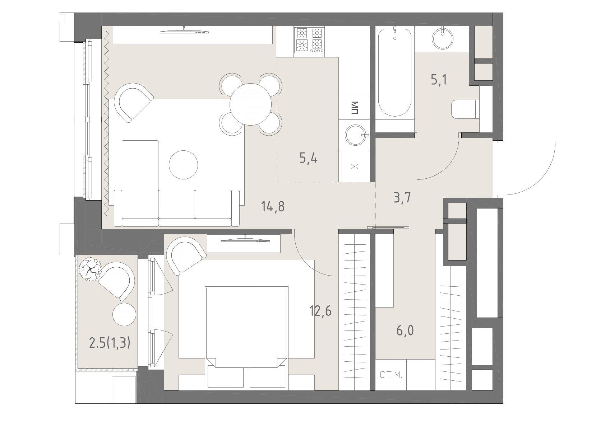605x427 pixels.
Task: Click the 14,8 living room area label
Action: (x=273, y=207)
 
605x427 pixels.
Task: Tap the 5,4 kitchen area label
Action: (x=309, y=158)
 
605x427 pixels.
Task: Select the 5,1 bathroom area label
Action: (x=439, y=80)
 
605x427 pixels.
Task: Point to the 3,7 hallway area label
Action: (x=402, y=198)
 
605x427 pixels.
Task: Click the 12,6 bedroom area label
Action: (x=320, y=311)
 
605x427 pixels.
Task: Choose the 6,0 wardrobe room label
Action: (x=405, y=330)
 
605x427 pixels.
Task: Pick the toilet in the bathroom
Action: (x=465, y=109)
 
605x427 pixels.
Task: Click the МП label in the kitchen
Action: (x=355, y=108)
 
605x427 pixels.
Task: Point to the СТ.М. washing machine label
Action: (x=391, y=375)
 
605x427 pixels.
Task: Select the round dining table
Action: (x=250, y=104)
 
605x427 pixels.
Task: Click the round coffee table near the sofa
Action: (x=183, y=165)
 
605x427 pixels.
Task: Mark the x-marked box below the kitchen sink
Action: (x=355, y=166)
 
